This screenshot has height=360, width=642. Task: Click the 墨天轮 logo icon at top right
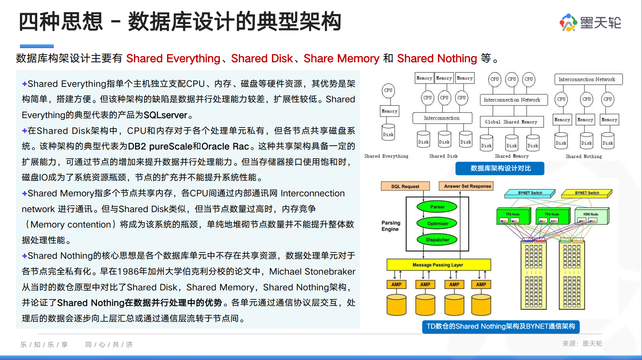[x=568, y=23]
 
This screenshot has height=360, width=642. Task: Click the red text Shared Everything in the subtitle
[x=173, y=59]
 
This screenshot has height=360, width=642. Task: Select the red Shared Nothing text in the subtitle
[x=437, y=59]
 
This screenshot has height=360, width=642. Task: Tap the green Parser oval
[x=437, y=207]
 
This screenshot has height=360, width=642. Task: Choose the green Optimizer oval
[x=437, y=223]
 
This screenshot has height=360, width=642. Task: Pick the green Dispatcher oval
[x=437, y=240]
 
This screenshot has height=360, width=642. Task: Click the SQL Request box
[x=405, y=186]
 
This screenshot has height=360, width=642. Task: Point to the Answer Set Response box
[x=467, y=186]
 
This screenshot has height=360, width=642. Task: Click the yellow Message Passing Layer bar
[x=439, y=265]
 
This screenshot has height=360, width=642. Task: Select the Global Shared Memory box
[x=511, y=122]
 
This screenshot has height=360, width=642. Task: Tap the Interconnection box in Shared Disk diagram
[x=442, y=118]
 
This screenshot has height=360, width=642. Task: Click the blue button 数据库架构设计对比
[x=500, y=168]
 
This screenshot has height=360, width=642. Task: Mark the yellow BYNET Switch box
[x=586, y=193]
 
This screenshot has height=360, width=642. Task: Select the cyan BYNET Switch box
[x=530, y=193]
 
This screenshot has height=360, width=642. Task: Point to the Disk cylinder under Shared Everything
[x=388, y=133]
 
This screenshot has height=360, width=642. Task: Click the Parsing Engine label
[x=391, y=226]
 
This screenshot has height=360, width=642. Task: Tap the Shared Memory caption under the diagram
[x=511, y=156]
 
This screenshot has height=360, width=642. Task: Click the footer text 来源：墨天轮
[x=582, y=343]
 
